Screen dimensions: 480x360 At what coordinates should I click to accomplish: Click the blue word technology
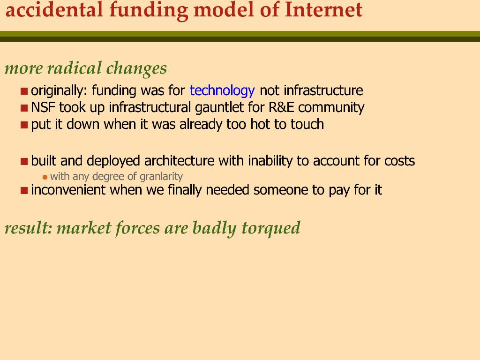tap(222, 91)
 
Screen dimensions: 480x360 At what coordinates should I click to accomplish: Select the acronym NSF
tap(43, 107)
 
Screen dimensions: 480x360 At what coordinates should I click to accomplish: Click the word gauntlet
tap(219, 108)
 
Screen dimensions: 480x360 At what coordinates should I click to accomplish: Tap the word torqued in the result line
tap(270, 228)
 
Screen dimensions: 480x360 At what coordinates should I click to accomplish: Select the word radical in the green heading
tap(75, 68)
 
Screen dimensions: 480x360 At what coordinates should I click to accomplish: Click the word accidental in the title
tap(54, 10)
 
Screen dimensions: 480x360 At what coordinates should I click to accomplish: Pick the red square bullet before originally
tap(24, 91)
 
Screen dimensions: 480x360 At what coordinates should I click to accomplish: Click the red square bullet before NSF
tap(24, 108)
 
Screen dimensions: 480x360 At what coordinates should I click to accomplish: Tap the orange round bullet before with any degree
tap(45, 177)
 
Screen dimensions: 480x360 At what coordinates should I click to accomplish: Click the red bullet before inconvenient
tap(24, 191)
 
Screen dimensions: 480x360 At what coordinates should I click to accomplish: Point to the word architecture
tap(179, 161)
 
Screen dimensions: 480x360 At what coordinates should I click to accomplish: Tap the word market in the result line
tap(84, 228)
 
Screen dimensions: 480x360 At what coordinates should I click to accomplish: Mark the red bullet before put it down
tap(24, 125)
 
